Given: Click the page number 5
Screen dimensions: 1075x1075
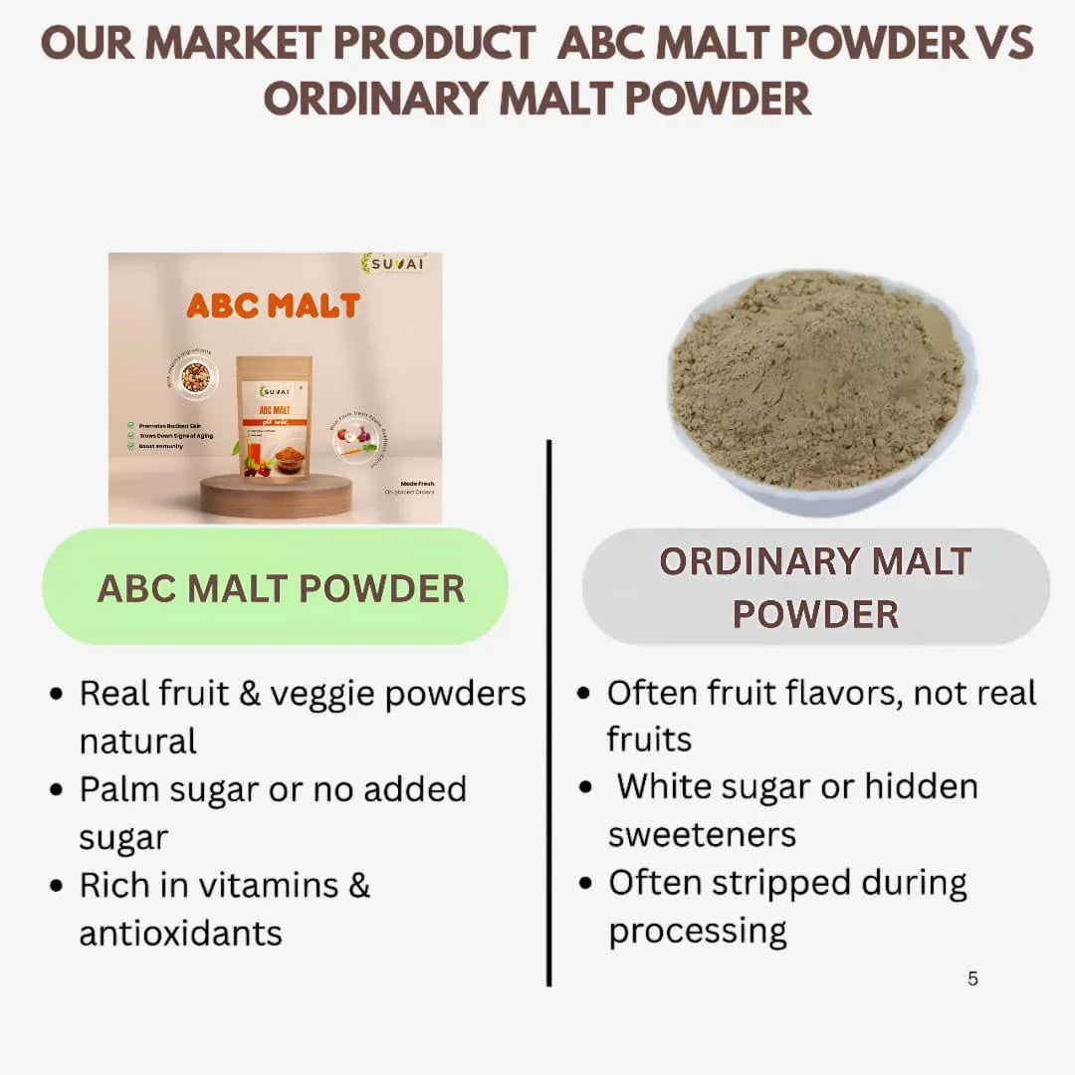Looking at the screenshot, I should coord(972,979).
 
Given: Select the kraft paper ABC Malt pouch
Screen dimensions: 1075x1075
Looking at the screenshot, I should coord(274,418).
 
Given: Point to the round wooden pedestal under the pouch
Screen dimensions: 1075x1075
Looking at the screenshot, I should coord(276,495).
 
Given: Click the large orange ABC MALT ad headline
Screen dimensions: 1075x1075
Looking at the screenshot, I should coord(273,306).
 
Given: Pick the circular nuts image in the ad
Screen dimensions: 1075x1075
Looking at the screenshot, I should coord(195,376).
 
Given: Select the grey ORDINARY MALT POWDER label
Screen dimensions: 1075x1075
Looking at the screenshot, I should coord(815,587).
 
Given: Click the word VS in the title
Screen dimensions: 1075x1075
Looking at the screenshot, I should coord(1003,43).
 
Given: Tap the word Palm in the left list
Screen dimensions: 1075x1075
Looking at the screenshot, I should coord(119,789).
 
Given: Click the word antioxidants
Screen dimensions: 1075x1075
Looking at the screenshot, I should coord(180,934).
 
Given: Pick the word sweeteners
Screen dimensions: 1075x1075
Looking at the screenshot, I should coord(702,834).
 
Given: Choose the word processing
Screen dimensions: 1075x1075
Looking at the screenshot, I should coord(698,931).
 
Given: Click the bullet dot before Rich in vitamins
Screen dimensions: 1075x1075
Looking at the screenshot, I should coord(57,886).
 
